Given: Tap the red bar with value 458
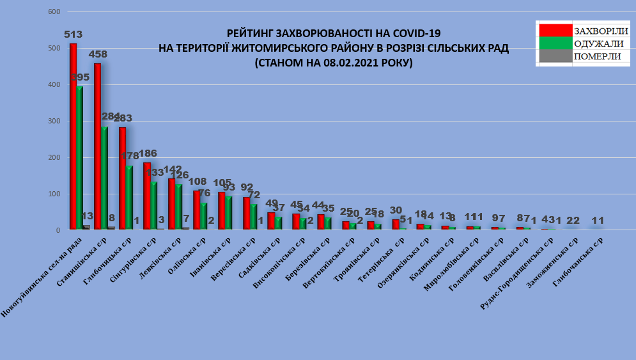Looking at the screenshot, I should pyautogui.click(x=97, y=146).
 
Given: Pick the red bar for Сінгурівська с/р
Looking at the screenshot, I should pyautogui.click(x=147, y=196).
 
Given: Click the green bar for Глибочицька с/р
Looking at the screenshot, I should pyautogui.click(x=128, y=198).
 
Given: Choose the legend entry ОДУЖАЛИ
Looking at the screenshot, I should pyautogui.click(x=597, y=43).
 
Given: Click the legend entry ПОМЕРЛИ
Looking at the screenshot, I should pyautogui.click(x=598, y=56).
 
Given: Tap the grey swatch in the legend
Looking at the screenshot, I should pyautogui.click(x=555, y=57).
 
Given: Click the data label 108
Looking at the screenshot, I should pyautogui.click(x=198, y=181).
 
